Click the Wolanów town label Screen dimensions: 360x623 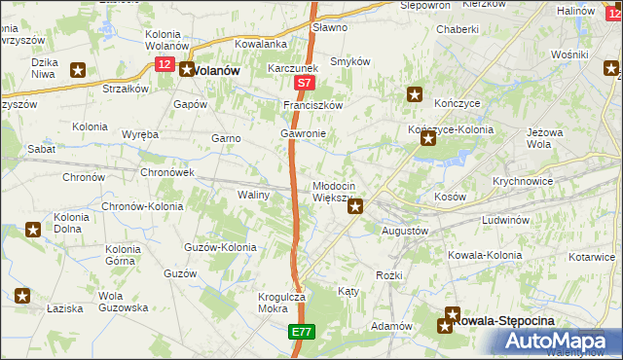click(x=216, y=70)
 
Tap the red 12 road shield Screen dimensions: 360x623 click(x=163, y=64)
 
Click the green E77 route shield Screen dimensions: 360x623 click(x=301, y=332)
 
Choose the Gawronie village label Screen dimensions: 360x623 click(x=303, y=132)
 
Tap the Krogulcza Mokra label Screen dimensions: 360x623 click(x=282, y=303)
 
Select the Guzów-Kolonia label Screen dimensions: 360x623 click(x=219, y=247)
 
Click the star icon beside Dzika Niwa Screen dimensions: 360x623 click(x=78, y=69)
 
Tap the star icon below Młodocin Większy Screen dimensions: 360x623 click(x=356, y=205)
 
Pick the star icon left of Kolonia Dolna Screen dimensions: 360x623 click(x=33, y=230)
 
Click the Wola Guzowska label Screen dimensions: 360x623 click(x=122, y=302)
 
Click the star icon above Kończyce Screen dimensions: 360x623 click(x=415, y=94)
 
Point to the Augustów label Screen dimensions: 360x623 click(x=406, y=231)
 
